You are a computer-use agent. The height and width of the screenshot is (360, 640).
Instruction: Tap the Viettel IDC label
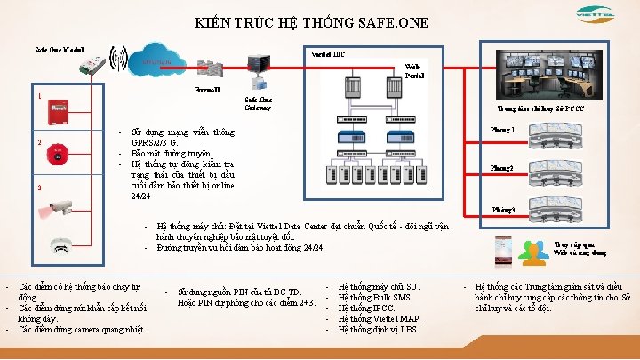(328, 54)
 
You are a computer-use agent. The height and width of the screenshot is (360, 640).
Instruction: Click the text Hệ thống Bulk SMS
(378, 297)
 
